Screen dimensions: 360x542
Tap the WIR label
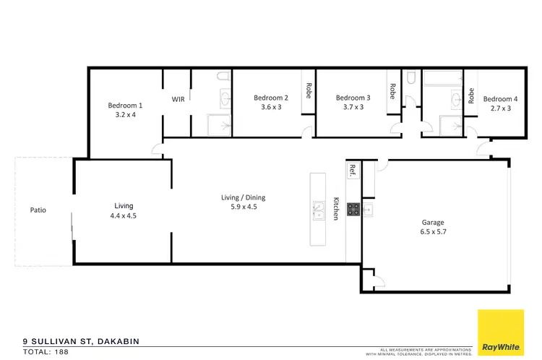(177, 99)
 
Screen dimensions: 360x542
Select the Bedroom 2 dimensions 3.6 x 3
(271, 108)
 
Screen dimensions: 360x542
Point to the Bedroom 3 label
(353, 98)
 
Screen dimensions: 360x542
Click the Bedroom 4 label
(501, 99)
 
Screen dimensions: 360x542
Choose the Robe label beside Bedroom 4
(471, 95)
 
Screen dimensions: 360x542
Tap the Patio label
(38, 210)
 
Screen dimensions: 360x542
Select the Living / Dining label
(242, 197)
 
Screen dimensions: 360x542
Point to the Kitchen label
(335, 209)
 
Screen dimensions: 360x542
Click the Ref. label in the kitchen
(353, 171)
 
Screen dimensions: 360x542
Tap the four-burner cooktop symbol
(353, 209)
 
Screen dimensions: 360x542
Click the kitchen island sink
(317, 210)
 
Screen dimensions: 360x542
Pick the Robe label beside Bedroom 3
(392, 91)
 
